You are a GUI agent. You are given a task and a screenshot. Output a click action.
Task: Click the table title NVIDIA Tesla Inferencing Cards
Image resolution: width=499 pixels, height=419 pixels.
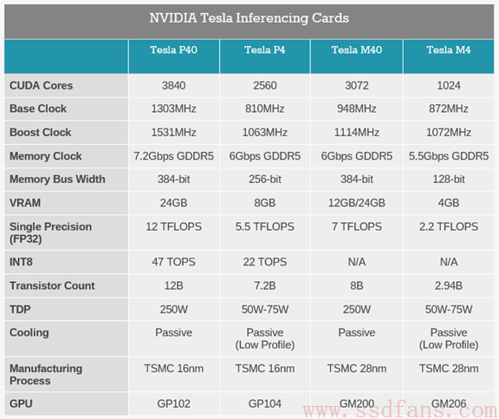249,18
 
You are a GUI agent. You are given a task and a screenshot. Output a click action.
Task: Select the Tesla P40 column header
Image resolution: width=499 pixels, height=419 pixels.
174,50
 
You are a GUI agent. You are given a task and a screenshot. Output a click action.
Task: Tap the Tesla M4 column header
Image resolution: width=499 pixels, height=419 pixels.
449,50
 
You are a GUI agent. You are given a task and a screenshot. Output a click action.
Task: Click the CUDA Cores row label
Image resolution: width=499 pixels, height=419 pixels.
41,85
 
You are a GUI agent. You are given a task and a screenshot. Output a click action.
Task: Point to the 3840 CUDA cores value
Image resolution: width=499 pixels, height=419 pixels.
174,85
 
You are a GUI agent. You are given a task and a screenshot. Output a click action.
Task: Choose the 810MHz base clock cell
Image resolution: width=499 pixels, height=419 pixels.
265,108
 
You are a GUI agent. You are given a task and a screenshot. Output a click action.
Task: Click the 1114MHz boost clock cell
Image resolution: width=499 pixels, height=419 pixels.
357,132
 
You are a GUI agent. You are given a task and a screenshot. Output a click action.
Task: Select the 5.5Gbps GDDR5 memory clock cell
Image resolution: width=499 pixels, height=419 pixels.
449,156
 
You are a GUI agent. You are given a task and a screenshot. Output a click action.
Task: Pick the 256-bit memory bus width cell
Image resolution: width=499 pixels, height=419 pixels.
265,179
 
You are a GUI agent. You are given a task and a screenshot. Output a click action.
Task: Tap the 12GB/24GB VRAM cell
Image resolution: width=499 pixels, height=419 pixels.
357,203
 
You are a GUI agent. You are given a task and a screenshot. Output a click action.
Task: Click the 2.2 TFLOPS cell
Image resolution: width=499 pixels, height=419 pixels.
449,226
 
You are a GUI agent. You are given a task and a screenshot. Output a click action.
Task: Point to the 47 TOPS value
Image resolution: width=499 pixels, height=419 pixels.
174,262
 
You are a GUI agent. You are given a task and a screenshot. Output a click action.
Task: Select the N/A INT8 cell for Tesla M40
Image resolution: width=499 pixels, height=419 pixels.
357,262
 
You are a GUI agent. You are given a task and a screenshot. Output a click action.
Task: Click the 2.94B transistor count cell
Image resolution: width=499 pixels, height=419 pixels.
449,285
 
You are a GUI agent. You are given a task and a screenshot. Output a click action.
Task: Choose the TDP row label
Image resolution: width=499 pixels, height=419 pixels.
20,309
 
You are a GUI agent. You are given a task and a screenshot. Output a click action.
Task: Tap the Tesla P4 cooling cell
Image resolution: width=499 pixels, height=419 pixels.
265,338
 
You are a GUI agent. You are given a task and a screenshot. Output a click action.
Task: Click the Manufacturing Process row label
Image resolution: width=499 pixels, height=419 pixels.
46,375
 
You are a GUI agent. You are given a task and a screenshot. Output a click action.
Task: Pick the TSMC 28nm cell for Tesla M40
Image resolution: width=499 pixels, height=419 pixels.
357,369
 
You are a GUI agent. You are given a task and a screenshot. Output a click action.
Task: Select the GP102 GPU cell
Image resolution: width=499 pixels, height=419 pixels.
174,403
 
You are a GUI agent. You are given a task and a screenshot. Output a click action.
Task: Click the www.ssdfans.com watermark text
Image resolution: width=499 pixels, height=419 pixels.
400,409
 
